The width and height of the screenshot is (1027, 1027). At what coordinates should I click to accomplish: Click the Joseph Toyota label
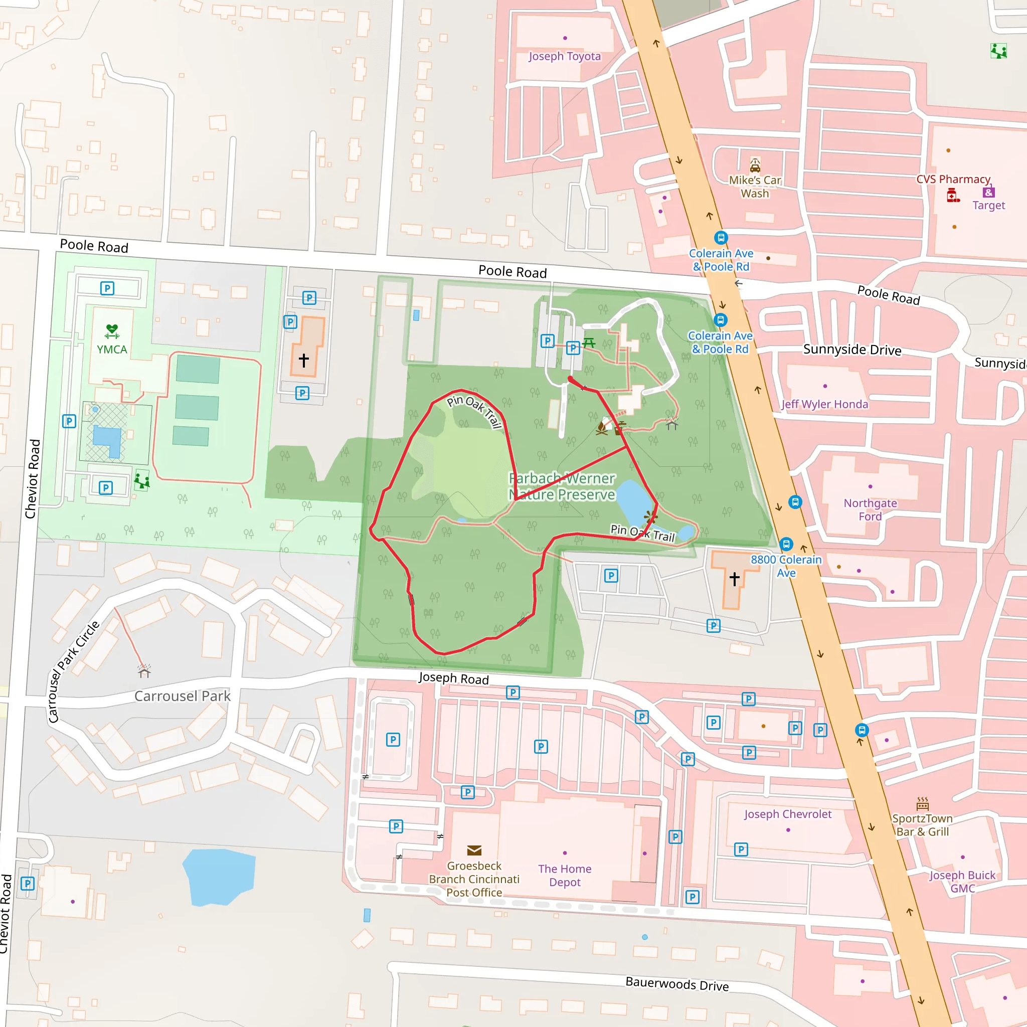click(565, 56)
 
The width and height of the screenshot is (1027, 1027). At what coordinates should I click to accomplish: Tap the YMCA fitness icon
click(112, 331)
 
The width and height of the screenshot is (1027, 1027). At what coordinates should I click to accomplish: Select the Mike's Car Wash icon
click(755, 165)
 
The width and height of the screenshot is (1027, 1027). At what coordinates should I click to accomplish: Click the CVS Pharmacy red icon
click(953, 196)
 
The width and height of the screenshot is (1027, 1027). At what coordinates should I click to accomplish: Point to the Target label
click(989, 205)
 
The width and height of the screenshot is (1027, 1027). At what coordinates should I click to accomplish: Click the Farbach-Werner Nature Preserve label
click(562, 486)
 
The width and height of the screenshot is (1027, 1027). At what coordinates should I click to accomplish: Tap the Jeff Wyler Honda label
click(824, 404)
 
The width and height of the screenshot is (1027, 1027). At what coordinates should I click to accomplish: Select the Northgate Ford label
click(870, 509)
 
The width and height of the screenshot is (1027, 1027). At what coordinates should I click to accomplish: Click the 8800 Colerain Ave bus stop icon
click(786, 544)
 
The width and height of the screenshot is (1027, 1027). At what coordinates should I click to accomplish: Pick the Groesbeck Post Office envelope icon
click(474, 850)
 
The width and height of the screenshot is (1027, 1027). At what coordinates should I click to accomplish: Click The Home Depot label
click(565, 875)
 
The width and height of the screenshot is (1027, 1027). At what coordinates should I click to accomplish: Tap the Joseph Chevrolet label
click(787, 814)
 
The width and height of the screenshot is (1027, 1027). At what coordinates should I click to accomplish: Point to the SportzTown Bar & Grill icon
click(922, 803)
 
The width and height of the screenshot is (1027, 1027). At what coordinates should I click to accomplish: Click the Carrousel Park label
click(183, 696)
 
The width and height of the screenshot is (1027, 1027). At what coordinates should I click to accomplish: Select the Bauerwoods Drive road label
click(676, 984)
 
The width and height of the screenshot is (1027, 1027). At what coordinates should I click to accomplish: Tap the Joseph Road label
click(453, 678)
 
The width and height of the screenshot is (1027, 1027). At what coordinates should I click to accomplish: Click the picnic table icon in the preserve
click(588, 343)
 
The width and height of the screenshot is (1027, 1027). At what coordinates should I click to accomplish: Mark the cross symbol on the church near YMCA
click(303, 360)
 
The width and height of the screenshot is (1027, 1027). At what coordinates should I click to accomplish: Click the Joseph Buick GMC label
click(962, 882)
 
